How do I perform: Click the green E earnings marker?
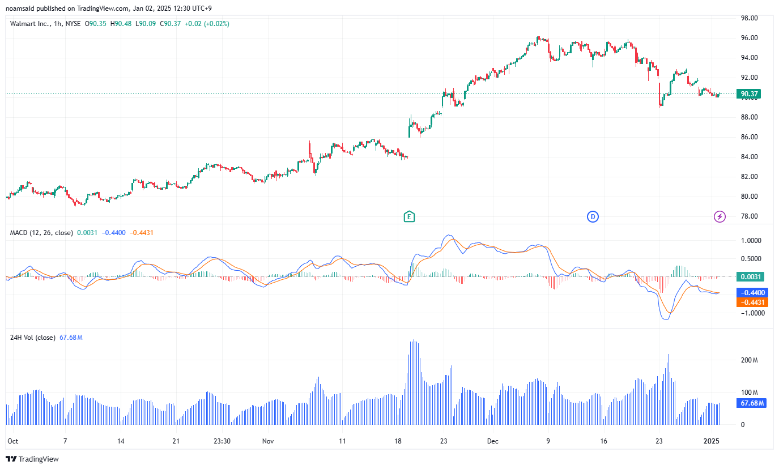409,216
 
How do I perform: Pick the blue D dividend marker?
593,216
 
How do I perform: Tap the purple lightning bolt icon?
720,216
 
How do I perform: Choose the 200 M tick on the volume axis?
749,360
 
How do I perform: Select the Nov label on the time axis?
269,441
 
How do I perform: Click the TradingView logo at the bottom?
32,459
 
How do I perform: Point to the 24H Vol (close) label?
33,338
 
